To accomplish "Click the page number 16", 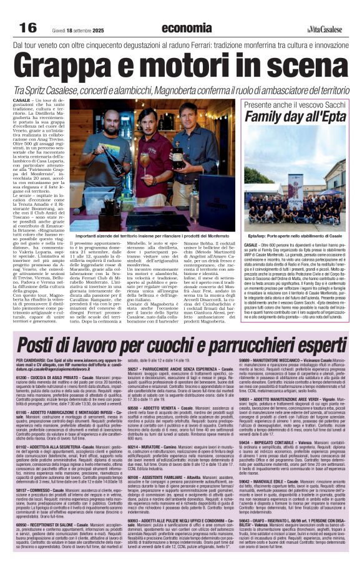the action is tap(28, 27).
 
